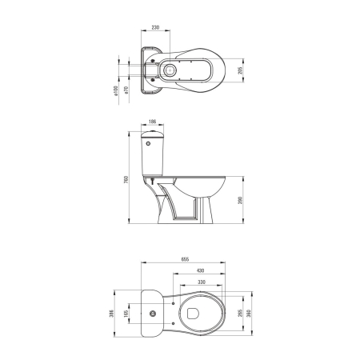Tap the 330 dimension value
coord(202,282)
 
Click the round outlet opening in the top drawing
coord(169,70)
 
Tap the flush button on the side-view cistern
coord(149,142)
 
